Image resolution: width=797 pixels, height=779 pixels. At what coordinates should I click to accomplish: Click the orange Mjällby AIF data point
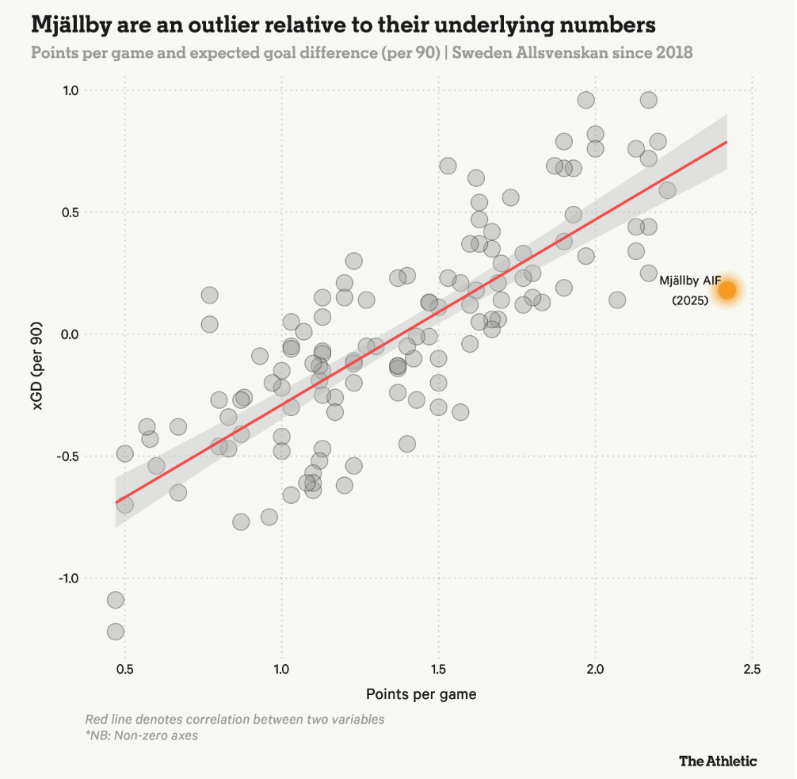(726, 290)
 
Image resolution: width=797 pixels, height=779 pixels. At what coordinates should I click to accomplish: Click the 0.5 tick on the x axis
(124, 668)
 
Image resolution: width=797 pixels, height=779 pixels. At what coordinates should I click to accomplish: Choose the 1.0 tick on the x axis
(281, 668)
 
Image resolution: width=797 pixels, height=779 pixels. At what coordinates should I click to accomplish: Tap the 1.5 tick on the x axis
(438, 668)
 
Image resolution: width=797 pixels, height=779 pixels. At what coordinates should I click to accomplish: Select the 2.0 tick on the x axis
(595, 668)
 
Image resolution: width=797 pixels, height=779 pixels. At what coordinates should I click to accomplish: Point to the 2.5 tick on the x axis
(752, 668)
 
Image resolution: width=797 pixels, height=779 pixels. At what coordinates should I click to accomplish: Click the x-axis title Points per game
(421, 694)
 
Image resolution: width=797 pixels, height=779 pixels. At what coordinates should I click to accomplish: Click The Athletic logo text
(718, 761)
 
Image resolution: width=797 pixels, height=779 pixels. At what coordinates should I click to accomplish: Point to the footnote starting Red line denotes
(235, 720)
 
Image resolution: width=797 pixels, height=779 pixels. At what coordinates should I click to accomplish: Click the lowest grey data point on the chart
(116, 632)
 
